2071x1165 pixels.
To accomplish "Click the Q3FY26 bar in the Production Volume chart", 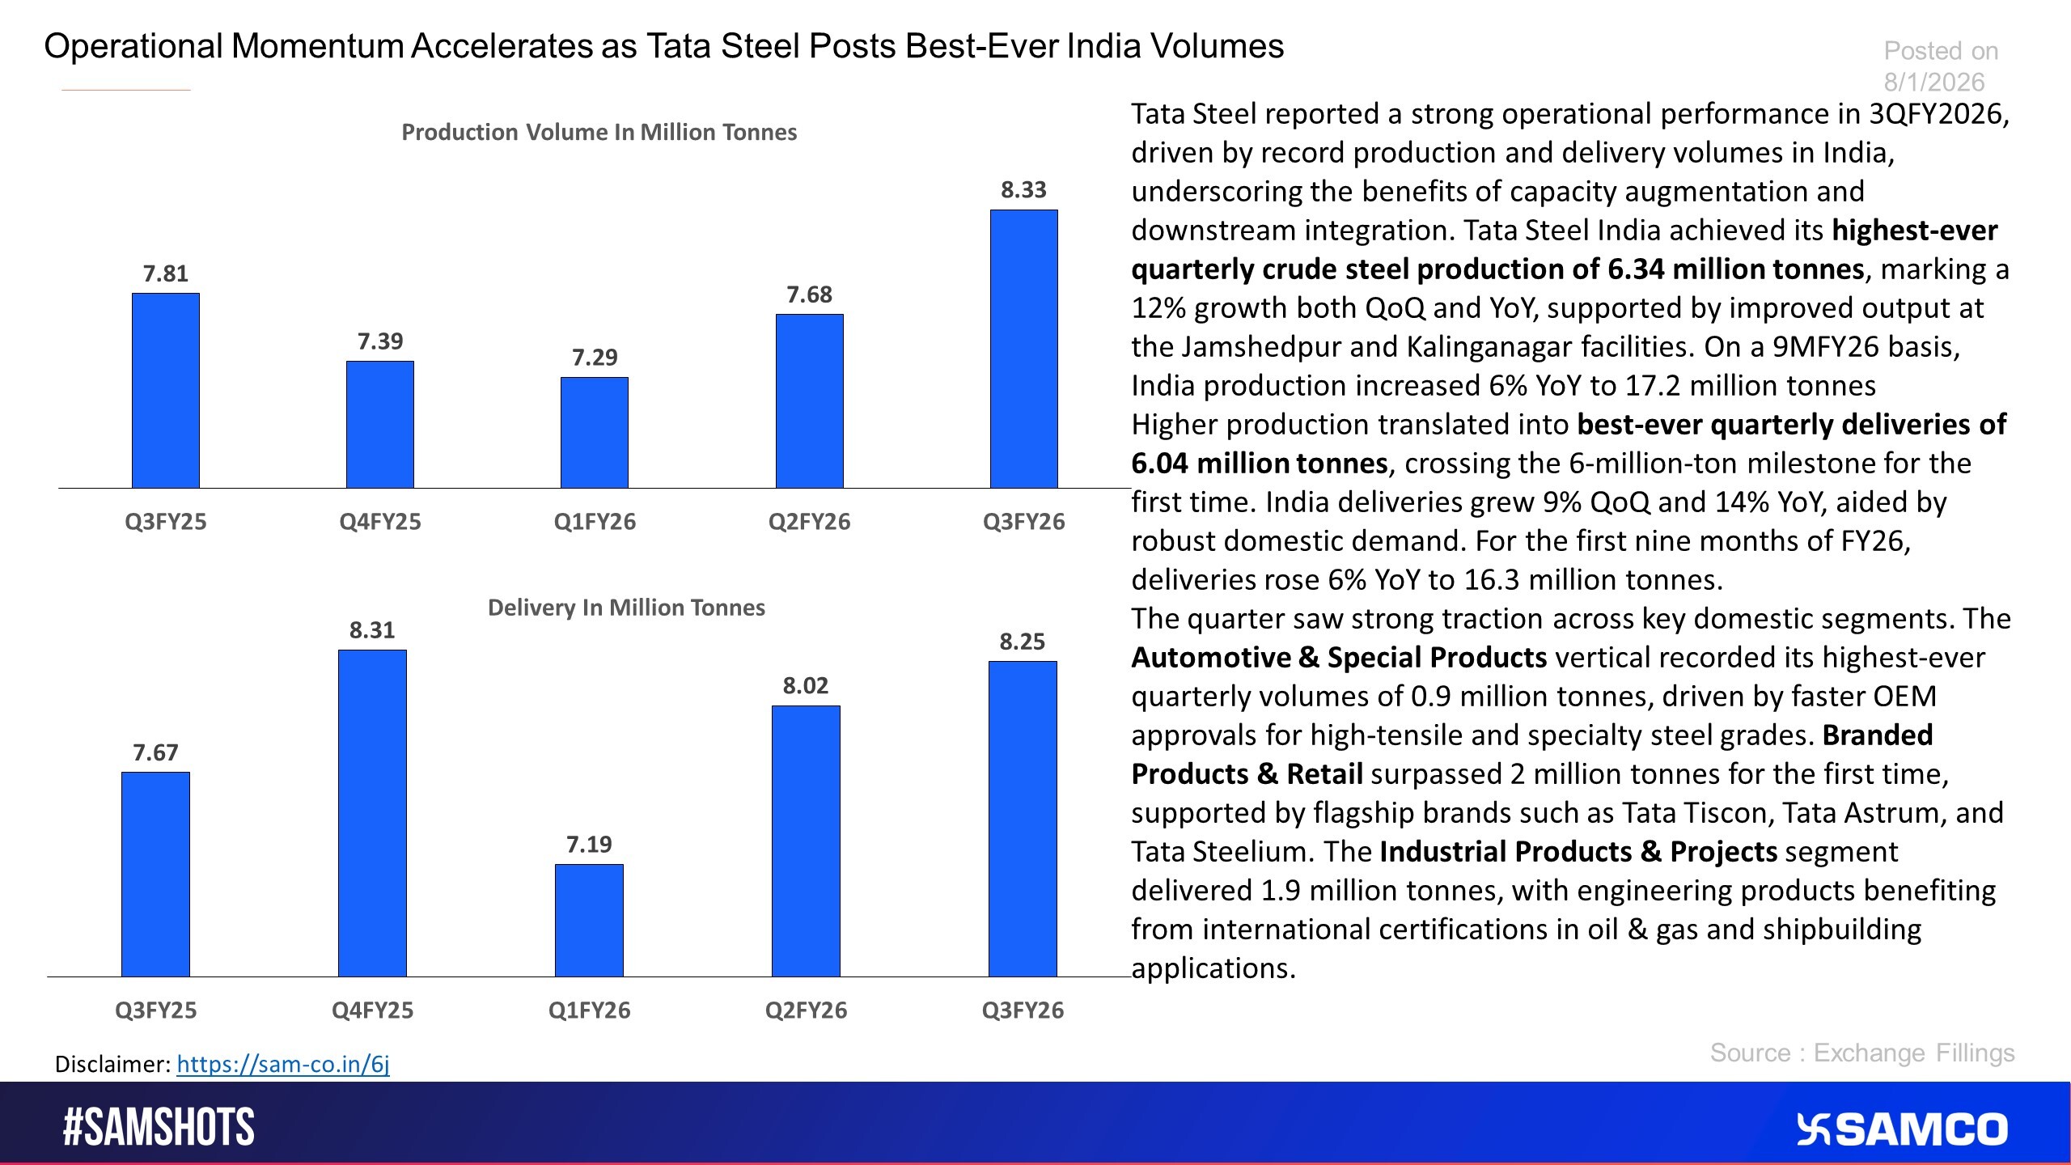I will point(1023,349).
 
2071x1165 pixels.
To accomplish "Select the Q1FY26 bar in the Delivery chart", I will point(589,920).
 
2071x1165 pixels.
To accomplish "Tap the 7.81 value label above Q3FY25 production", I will point(165,274).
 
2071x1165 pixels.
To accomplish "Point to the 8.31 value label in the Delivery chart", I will point(372,630).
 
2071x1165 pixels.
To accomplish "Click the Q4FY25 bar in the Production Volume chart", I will point(380,424).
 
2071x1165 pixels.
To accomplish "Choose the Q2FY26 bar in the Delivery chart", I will point(806,841).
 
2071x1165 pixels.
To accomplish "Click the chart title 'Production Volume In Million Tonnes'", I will point(599,132).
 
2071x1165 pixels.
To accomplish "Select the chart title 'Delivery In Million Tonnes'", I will point(626,608).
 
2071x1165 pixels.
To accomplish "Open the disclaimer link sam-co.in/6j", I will point(283,1064).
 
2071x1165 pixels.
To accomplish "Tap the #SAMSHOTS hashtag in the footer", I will point(159,1127).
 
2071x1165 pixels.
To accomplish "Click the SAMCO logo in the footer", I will point(1902,1129).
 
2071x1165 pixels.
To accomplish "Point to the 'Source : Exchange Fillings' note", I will point(1861,1053).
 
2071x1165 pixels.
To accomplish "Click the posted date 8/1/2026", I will point(1933,82).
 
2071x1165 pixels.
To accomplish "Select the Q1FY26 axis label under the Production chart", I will point(595,522).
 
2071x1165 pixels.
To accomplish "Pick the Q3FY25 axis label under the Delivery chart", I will point(155,1010).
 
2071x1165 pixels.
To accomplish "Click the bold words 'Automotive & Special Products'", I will point(1339,658).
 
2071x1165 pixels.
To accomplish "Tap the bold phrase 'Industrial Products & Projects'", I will point(1578,852).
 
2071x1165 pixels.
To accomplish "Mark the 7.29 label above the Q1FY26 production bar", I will point(595,358).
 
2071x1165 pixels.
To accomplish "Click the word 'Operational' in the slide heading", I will point(133,46).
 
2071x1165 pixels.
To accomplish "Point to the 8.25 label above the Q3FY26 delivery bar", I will point(1023,642).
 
